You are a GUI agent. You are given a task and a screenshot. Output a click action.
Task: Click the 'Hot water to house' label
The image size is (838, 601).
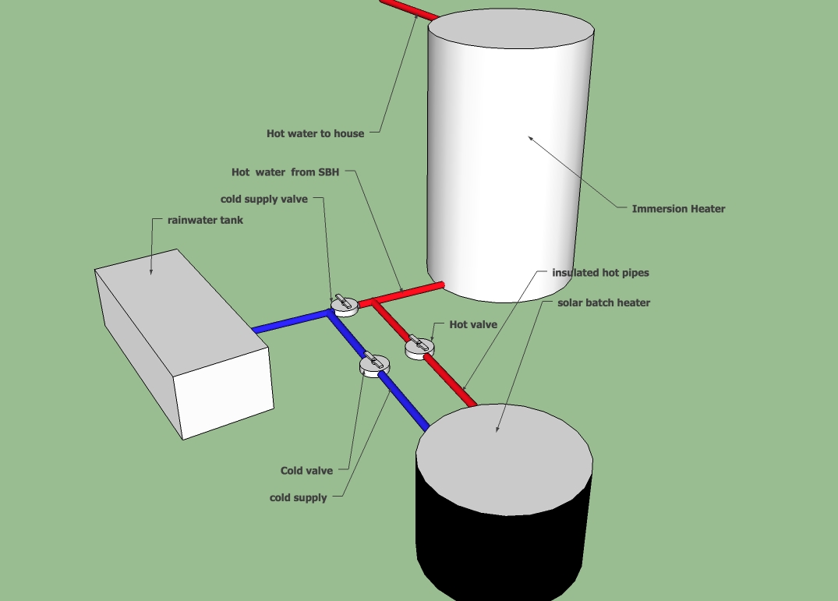(x=315, y=133)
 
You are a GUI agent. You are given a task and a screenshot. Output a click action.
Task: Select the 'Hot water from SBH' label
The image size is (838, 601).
(x=285, y=171)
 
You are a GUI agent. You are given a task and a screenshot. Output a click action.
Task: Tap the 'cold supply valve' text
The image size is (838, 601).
(x=264, y=200)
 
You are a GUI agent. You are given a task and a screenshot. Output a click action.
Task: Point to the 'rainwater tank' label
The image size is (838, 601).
(x=205, y=220)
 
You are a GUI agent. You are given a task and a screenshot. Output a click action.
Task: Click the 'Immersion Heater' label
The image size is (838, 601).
(x=678, y=208)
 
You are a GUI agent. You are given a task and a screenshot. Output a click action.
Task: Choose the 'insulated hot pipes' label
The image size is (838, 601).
(x=600, y=273)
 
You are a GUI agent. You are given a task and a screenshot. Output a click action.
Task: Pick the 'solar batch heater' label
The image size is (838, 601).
(x=603, y=302)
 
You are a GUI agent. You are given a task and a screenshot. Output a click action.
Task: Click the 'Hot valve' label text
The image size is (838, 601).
(x=473, y=324)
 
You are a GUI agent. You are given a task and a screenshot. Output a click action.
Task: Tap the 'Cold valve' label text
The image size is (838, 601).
(x=306, y=471)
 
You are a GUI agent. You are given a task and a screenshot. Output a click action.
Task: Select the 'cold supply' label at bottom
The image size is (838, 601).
(x=298, y=497)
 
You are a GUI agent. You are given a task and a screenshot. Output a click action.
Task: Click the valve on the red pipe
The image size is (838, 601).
(x=419, y=347)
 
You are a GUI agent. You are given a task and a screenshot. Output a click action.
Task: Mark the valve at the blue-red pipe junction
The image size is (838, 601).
(x=343, y=305)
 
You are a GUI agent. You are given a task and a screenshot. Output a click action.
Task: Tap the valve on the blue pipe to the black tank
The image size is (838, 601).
(x=373, y=365)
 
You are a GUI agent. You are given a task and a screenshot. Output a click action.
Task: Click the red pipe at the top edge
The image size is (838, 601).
(x=405, y=8)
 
